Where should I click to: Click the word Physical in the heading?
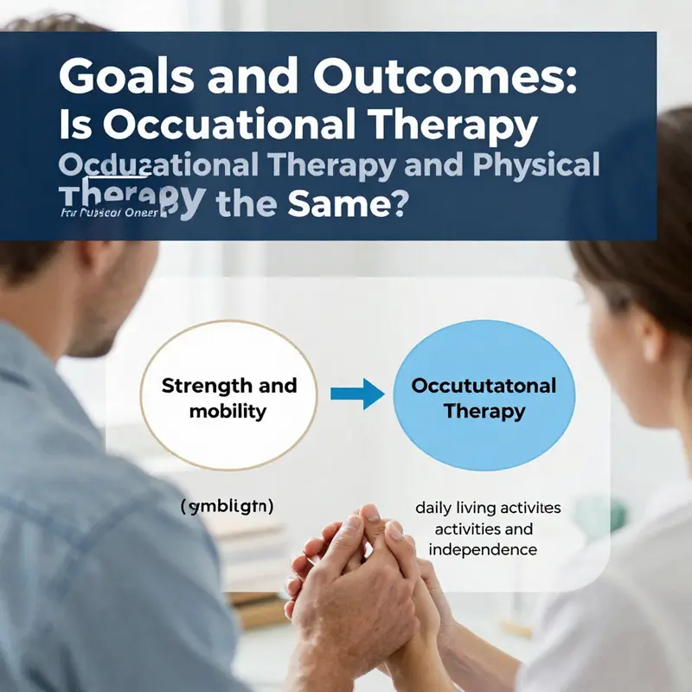coord(529,165)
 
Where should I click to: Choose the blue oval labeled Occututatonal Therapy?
coord(484,397)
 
